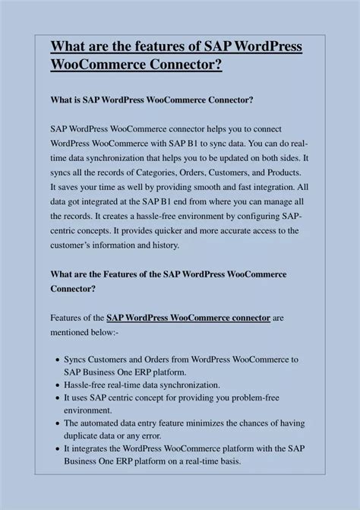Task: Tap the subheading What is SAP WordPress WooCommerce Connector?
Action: (x=151, y=100)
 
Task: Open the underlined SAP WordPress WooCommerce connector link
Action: (x=188, y=318)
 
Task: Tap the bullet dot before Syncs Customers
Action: (x=58, y=359)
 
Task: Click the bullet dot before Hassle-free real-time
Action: (x=58, y=385)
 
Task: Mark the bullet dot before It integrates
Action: (x=58, y=450)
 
